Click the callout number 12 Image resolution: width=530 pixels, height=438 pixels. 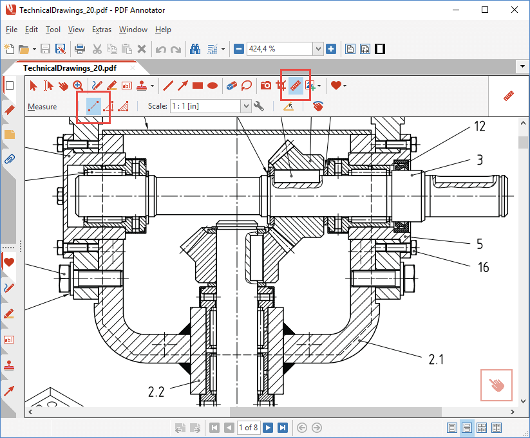[x=479, y=127]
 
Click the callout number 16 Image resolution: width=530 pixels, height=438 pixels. [x=483, y=267]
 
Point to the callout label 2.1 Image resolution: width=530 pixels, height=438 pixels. [x=436, y=360]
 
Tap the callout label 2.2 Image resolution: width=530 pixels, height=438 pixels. [x=157, y=391]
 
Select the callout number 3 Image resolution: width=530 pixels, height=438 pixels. [x=480, y=160]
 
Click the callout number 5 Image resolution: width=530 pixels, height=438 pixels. [x=480, y=244]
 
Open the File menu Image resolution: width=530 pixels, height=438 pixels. [x=12, y=30]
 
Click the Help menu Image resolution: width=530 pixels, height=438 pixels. [x=164, y=30]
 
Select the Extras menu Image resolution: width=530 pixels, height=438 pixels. [x=102, y=30]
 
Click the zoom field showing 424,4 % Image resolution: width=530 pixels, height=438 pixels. [x=279, y=49]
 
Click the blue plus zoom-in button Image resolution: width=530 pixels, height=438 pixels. [x=331, y=49]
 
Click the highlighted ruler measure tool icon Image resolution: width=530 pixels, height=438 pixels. [x=296, y=85]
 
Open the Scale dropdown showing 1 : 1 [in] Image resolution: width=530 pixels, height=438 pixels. [x=209, y=106]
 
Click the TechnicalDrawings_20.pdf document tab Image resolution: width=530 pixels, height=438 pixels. [x=70, y=68]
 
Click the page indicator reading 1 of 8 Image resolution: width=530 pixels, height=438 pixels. [x=249, y=427]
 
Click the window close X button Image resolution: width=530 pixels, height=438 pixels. [x=513, y=10]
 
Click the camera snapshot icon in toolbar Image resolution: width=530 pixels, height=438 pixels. [x=265, y=85]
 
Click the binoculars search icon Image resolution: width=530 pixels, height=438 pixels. [x=194, y=49]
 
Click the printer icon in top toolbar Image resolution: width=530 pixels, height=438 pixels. [x=80, y=49]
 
